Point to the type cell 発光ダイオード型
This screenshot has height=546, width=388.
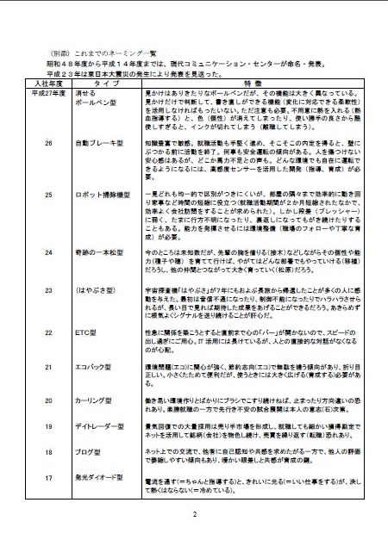click(102, 476)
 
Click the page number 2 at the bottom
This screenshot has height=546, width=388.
click(195, 514)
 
